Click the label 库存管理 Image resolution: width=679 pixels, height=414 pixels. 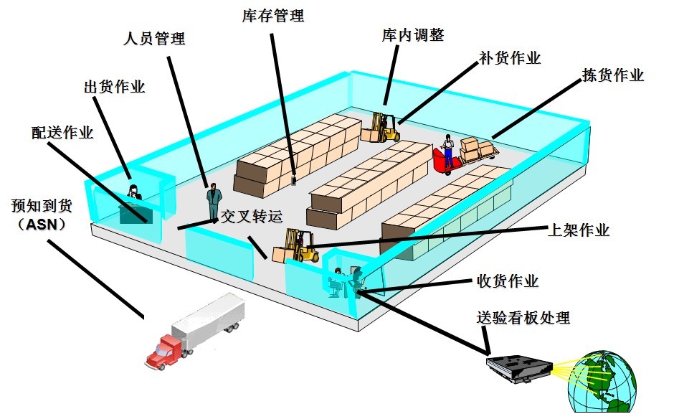tap(273, 16)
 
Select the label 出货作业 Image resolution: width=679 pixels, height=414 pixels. tap(115, 87)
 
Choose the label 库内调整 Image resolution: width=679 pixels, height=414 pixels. tap(412, 35)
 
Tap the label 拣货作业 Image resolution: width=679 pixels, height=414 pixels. tap(612, 75)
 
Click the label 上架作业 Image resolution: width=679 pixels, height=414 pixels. tap(578, 230)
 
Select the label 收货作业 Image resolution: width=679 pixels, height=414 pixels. tap(507, 281)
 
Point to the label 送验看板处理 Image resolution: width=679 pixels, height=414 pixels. tap(523, 317)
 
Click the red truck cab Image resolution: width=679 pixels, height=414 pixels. tap(163, 352)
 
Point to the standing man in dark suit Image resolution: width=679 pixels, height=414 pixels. tap(213, 201)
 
